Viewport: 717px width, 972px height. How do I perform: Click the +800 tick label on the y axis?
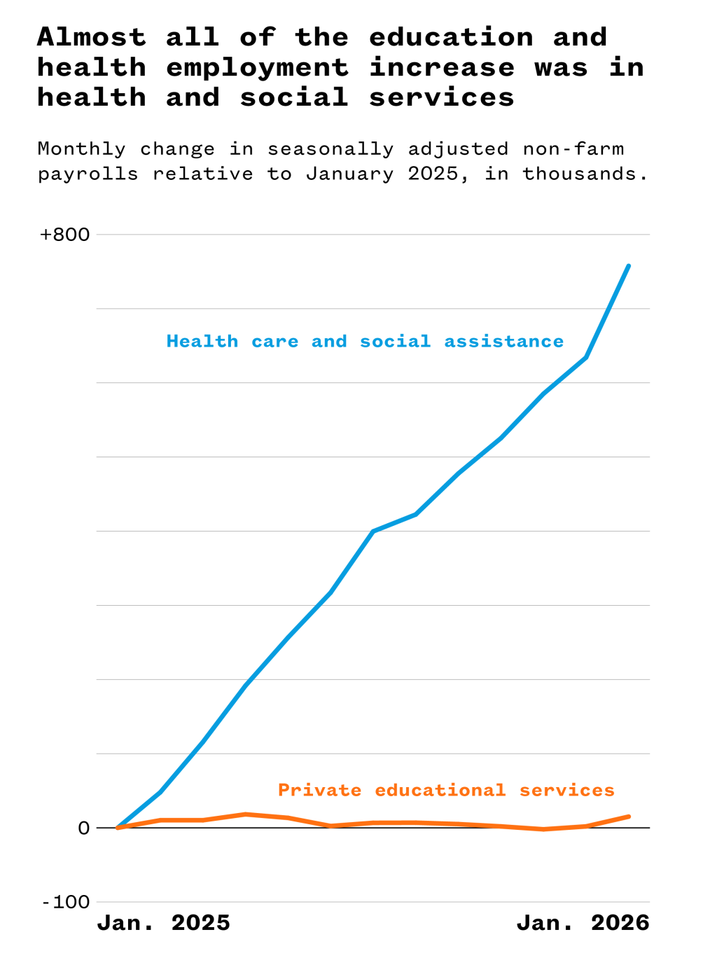[x=65, y=235]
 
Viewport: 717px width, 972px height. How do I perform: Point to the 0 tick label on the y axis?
[x=84, y=828]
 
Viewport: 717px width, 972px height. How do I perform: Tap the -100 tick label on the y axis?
[x=67, y=902]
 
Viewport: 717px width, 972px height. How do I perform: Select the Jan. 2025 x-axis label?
[x=163, y=923]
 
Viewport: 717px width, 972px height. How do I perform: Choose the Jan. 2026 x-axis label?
[x=583, y=923]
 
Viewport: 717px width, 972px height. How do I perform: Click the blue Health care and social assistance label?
[x=365, y=342]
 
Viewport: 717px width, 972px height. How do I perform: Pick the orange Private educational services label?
[x=446, y=791]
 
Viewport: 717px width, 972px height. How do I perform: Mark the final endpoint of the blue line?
[x=629, y=266]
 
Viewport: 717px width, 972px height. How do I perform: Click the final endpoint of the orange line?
[x=629, y=817]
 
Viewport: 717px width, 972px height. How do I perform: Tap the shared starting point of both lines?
[x=118, y=828]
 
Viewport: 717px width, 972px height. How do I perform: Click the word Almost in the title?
[x=92, y=37]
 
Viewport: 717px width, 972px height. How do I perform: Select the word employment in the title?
[x=257, y=68]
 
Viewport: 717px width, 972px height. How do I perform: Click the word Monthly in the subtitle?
[x=81, y=149]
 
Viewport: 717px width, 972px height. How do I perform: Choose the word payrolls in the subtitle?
[x=88, y=174]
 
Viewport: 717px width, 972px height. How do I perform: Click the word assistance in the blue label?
[x=503, y=342]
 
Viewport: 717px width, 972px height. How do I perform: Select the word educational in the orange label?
[x=440, y=791]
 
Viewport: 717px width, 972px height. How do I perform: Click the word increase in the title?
[x=441, y=68]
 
